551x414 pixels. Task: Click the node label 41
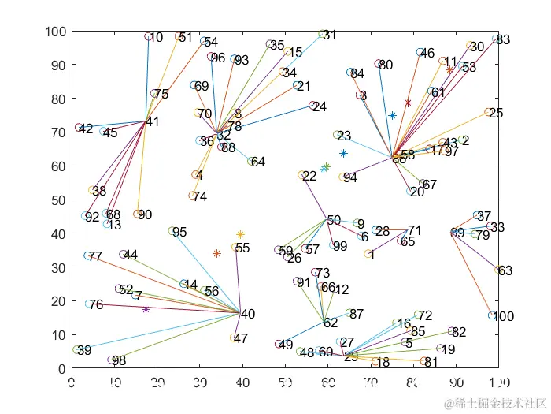pyautogui.click(x=153, y=122)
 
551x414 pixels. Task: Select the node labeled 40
pyautogui.click(x=248, y=314)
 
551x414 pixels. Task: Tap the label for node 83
pyautogui.click(x=504, y=40)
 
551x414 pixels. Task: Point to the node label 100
pyautogui.click(x=504, y=317)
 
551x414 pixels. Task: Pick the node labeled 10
pyautogui.click(x=157, y=37)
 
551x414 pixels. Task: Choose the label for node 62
pyautogui.click(x=331, y=323)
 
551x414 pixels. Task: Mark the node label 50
pyautogui.click(x=335, y=220)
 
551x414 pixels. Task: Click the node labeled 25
pyautogui.click(x=496, y=114)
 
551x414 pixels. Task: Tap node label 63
pyautogui.click(x=505, y=271)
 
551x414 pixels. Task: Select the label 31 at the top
pyautogui.click(x=330, y=35)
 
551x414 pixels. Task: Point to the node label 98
pyautogui.click(x=119, y=361)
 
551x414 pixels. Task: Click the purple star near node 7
pyautogui.click(x=146, y=310)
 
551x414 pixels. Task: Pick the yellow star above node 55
pyautogui.click(x=240, y=234)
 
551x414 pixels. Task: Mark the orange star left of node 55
pyautogui.click(x=216, y=253)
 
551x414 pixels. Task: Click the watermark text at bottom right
pyautogui.click(x=494, y=404)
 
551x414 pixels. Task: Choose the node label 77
pyautogui.click(x=95, y=257)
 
